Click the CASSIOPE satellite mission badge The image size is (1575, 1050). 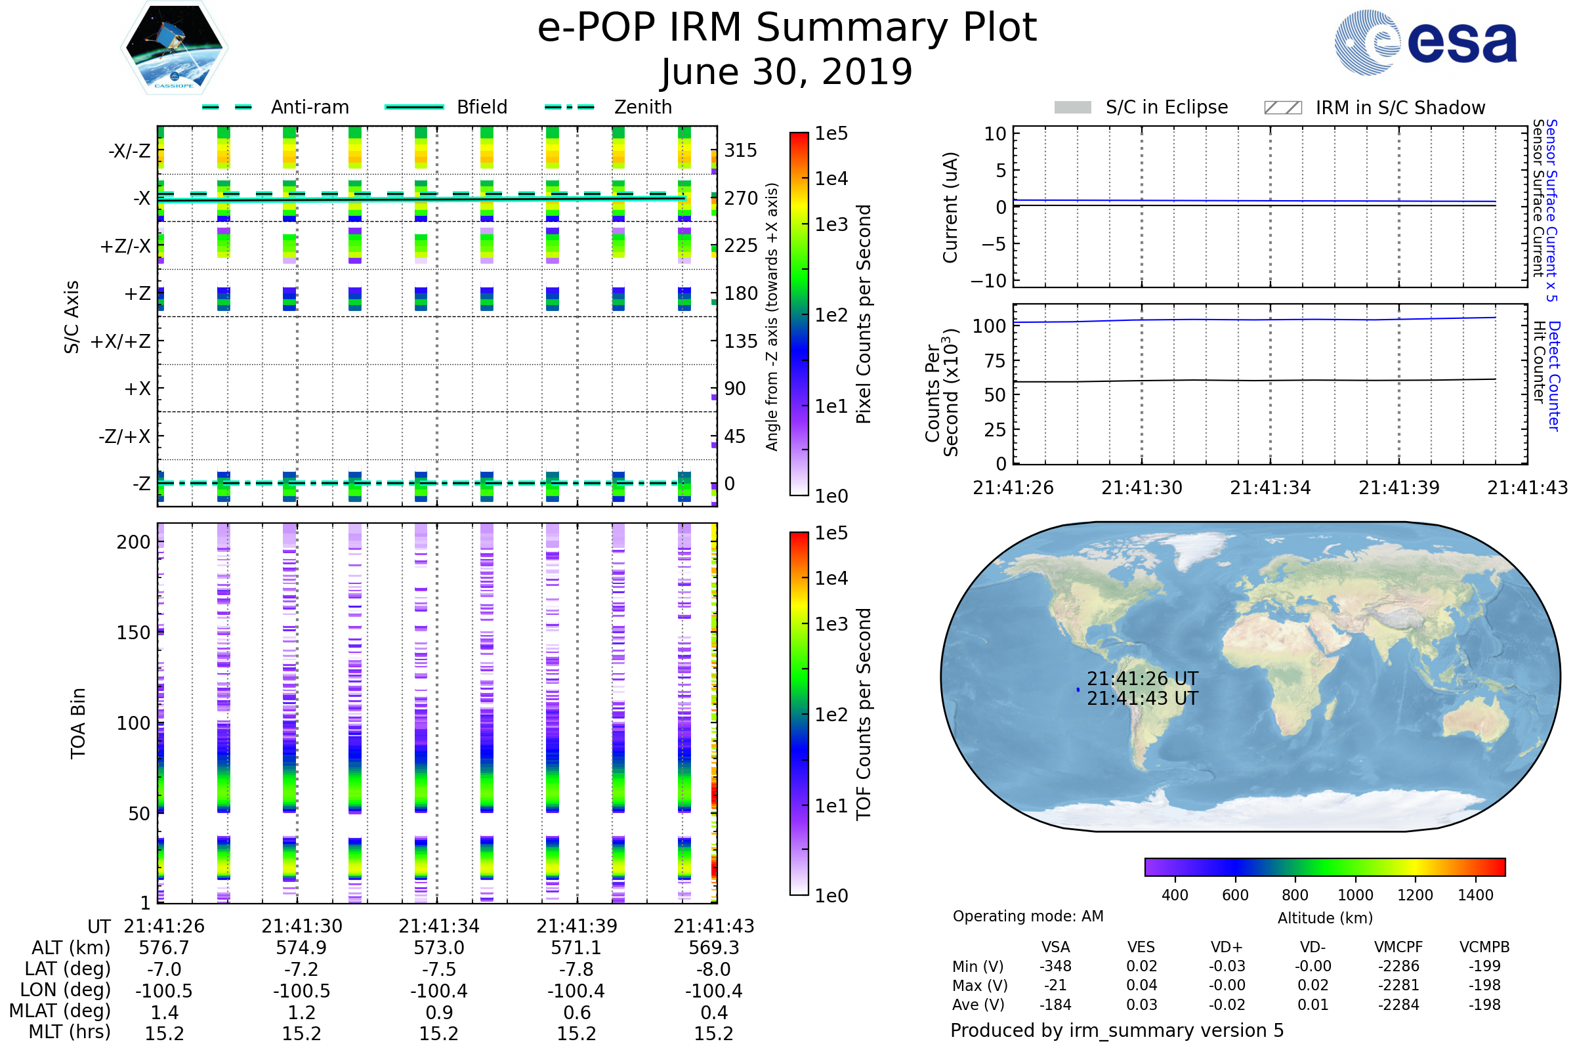tap(174, 47)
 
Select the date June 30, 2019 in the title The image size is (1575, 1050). tap(787, 72)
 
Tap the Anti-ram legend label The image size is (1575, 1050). tap(310, 107)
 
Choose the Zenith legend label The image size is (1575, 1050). tap(643, 107)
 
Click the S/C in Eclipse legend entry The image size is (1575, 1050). tap(1141, 107)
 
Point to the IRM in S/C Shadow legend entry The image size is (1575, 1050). tap(1375, 107)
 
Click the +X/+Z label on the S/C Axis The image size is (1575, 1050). tap(121, 341)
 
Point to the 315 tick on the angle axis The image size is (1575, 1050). tap(741, 150)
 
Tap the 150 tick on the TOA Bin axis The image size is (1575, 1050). tap(133, 633)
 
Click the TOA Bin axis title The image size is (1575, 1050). tap(77, 723)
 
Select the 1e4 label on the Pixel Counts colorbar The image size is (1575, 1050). tap(831, 178)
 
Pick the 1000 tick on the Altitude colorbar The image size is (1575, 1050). tap(1354, 895)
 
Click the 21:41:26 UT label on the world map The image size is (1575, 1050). tap(1142, 679)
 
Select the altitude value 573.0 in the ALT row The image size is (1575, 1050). tap(438, 948)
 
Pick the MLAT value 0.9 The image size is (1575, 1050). tap(438, 1013)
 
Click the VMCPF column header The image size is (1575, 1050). tap(1398, 948)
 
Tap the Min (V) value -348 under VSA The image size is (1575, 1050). tap(1055, 966)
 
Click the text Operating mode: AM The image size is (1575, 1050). tap(1028, 916)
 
